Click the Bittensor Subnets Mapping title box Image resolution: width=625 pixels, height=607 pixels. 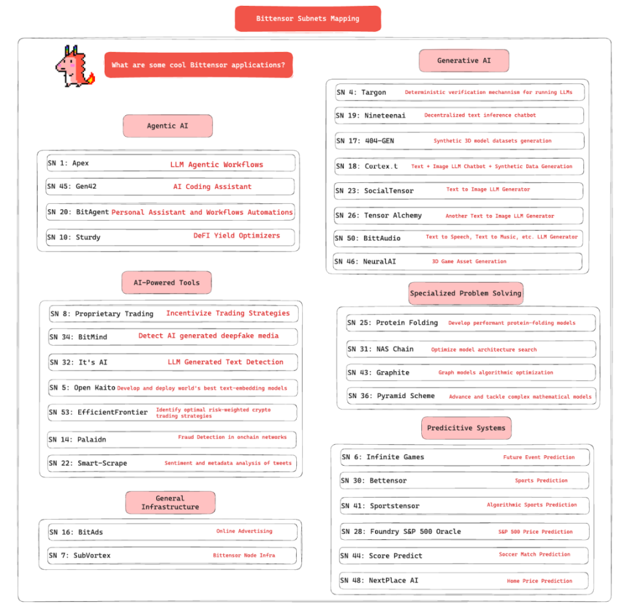point(307,18)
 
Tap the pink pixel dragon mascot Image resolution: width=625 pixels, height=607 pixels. point(74,66)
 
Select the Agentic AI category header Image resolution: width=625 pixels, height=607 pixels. point(167,126)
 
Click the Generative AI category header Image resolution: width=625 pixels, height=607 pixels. point(464,61)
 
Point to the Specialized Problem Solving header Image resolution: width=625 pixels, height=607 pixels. point(465,293)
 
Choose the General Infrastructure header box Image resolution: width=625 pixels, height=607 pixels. point(170,503)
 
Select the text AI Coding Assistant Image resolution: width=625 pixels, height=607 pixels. point(212,187)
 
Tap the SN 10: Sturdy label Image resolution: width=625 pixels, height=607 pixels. point(74,237)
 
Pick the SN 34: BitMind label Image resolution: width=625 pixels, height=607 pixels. point(78,337)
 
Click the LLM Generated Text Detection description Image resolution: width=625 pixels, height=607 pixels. point(225,362)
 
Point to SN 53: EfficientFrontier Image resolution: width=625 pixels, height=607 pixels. point(98,412)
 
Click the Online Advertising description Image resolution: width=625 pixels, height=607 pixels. point(244,531)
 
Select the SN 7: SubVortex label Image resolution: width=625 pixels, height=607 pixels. point(80,556)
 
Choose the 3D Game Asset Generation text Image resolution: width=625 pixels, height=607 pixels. point(469,262)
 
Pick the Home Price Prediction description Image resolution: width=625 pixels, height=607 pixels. point(539,581)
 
